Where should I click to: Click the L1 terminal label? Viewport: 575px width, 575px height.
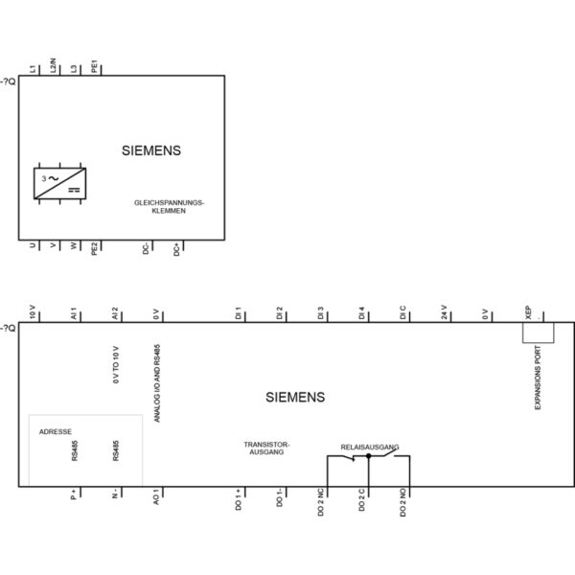(34, 69)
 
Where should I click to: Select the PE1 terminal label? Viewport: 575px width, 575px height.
(95, 66)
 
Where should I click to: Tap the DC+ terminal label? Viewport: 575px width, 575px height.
(176, 249)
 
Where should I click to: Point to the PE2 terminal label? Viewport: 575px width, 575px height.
(95, 248)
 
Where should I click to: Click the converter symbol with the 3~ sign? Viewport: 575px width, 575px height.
(59, 183)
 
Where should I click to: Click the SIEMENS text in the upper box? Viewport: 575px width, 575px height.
(151, 150)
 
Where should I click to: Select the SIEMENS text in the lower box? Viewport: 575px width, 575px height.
(295, 397)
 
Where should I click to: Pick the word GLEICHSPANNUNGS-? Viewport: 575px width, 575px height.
(169, 203)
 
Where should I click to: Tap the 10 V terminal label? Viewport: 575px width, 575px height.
(33, 312)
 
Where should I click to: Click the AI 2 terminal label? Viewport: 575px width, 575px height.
(115, 313)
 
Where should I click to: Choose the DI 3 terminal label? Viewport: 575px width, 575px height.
(320, 313)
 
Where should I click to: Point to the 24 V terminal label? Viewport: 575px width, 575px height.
(444, 312)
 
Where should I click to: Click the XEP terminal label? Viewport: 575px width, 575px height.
(528, 312)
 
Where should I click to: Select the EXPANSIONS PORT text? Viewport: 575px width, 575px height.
(538, 378)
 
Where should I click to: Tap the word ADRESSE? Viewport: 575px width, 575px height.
(56, 432)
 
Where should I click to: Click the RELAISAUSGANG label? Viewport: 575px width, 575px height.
(370, 448)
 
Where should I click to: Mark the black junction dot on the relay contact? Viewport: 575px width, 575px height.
(369, 456)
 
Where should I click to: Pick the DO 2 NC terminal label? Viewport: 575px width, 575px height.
(321, 502)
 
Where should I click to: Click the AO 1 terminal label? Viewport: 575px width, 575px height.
(156, 496)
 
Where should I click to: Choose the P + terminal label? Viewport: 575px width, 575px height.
(74, 494)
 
